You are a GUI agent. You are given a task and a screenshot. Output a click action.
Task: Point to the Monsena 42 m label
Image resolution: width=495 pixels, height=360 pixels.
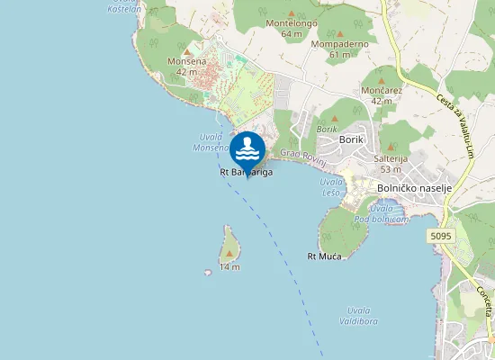(186, 66)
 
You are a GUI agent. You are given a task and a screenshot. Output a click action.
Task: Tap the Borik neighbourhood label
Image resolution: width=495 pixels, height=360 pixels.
(350, 139)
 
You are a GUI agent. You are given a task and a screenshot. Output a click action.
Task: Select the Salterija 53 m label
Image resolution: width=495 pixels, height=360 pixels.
(391, 163)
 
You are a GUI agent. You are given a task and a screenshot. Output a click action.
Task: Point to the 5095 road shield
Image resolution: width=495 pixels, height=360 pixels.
(440, 236)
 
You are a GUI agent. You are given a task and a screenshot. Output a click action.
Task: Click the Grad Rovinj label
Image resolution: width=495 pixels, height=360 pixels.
(301, 154)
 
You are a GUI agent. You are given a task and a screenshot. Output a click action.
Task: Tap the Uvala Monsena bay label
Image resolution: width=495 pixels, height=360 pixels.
(210, 141)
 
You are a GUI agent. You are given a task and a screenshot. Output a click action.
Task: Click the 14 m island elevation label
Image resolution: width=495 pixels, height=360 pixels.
(229, 267)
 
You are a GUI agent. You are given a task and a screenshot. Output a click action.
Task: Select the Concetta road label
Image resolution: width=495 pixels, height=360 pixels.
(483, 301)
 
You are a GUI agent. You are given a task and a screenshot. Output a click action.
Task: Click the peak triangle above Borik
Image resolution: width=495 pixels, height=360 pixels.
(335, 117)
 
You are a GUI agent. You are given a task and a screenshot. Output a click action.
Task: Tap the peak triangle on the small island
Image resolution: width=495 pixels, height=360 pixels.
(229, 256)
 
